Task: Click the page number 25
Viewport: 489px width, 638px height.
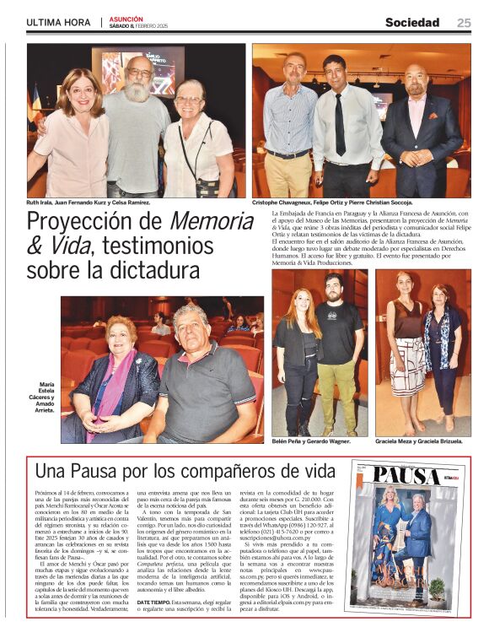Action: coord(464,23)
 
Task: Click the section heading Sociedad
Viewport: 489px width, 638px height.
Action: coord(412,23)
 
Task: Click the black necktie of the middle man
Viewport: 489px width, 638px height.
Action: coord(341,124)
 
